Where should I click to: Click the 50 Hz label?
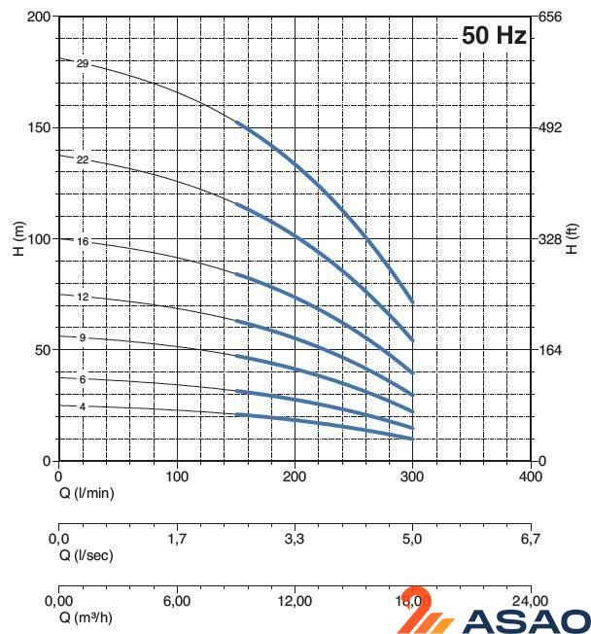pos(494,37)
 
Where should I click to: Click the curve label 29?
pos(83,64)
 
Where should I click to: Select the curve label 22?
pos(83,159)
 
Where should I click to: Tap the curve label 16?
pos(83,241)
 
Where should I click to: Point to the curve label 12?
pos(83,297)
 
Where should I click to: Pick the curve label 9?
pos(83,337)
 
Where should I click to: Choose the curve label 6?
pos(83,379)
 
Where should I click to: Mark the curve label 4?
pos(83,406)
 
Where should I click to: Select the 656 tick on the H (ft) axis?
pos(551,18)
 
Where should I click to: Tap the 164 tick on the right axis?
pos(551,350)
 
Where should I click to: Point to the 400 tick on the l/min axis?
pos(531,477)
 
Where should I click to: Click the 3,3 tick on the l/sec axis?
pos(295,539)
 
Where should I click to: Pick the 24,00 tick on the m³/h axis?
pos(531,601)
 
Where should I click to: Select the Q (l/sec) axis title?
pos(87,555)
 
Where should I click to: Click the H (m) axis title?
pos(18,239)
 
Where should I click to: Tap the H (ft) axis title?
pos(573,239)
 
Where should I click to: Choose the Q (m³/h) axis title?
pos(87,617)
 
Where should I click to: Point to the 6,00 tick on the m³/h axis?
pos(177,601)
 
